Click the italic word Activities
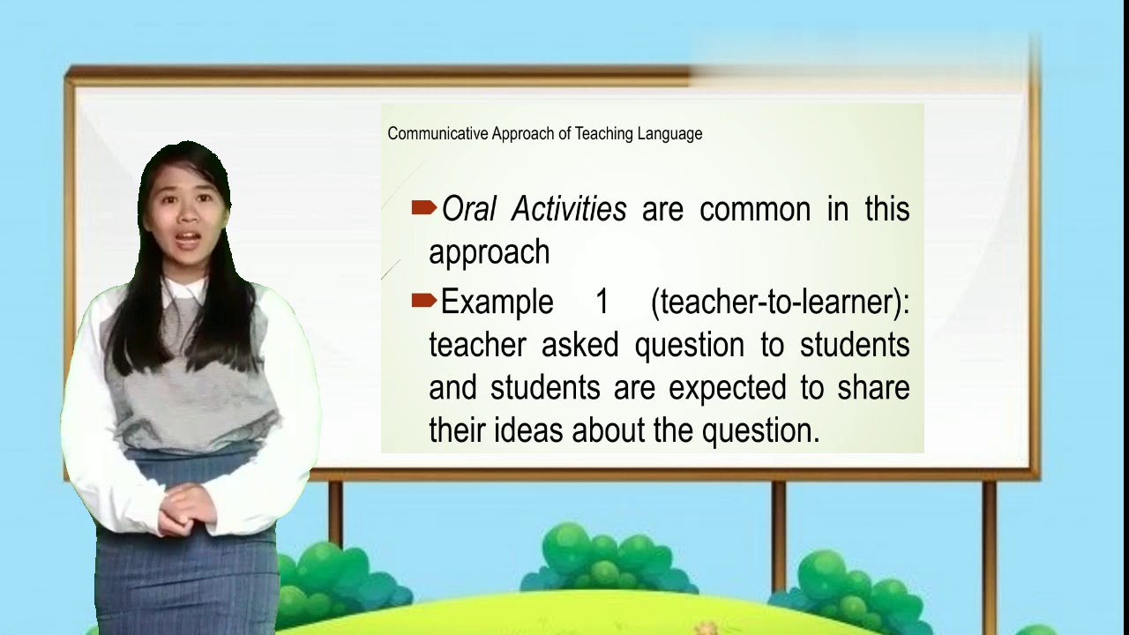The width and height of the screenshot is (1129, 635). coord(569,210)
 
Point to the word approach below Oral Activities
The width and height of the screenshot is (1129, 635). coord(489,254)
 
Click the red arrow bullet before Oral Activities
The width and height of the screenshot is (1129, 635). coord(424,208)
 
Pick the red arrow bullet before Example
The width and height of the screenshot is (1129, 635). coord(424,301)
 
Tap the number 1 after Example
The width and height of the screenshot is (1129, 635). coord(602,302)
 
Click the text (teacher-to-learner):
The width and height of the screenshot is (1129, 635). coord(780,302)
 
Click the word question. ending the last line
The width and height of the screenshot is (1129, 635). coord(760,431)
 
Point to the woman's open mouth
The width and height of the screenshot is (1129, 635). coord(187,238)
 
